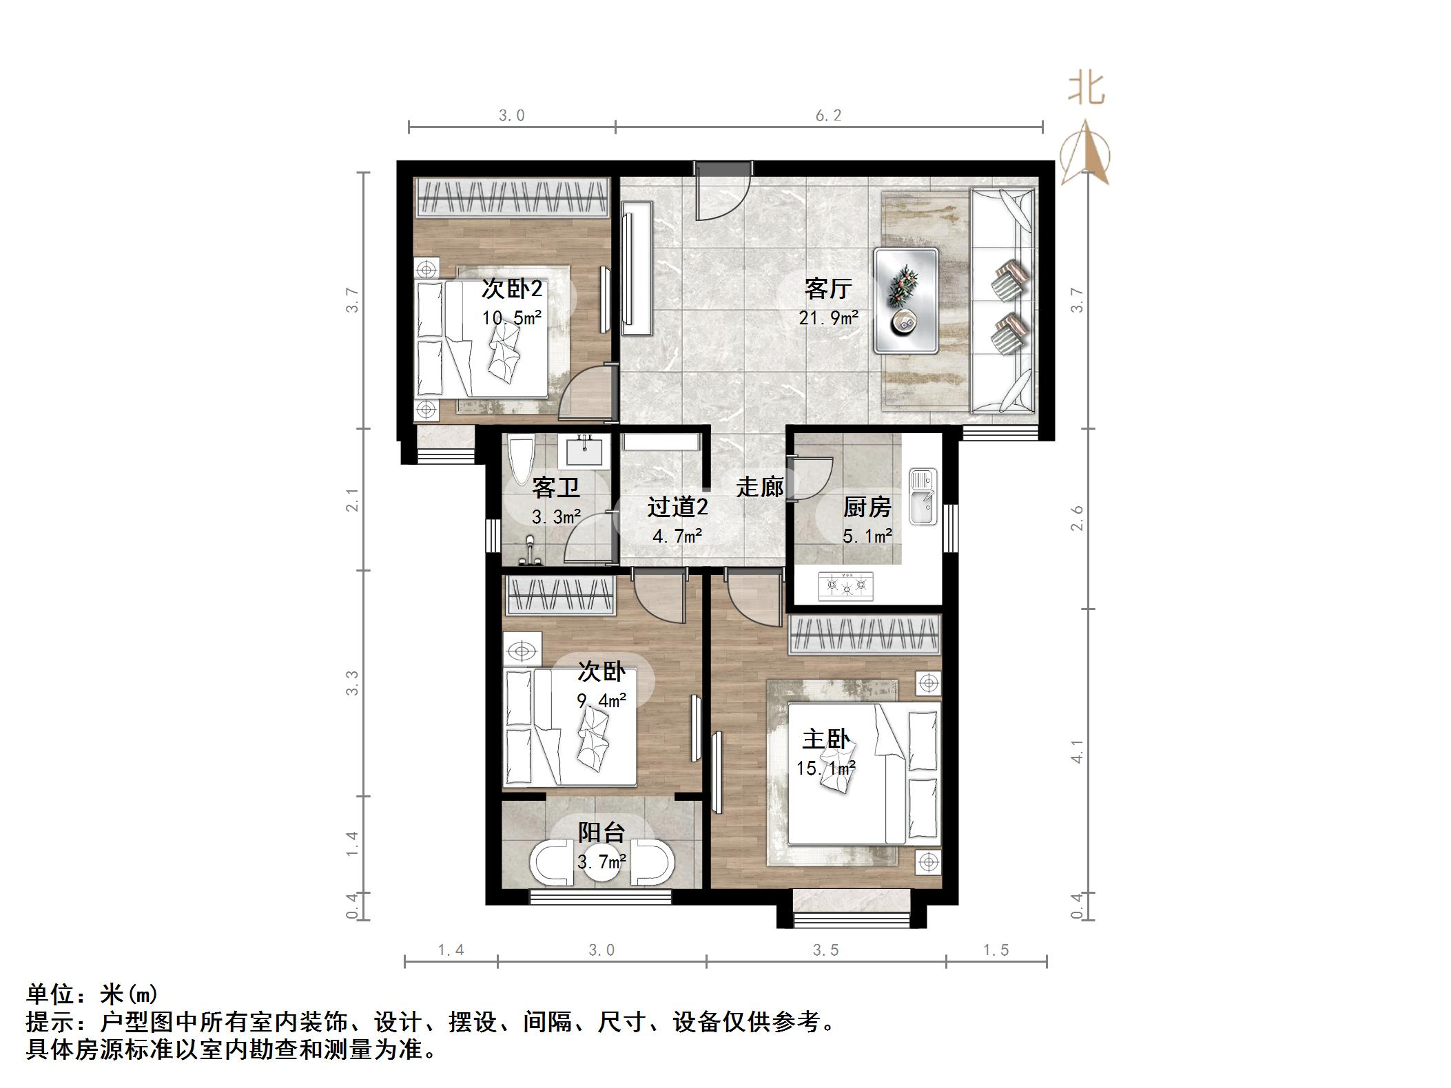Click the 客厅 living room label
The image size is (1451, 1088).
tap(827, 288)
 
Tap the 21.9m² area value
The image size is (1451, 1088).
tap(828, 317)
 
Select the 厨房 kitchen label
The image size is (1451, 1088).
tap(867, 508)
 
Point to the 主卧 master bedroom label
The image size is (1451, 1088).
tap(825, 740)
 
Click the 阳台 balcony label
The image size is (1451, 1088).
tap(601, 833)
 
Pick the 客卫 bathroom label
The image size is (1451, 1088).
tap(555, 488)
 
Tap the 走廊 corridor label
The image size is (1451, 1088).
tap(760, 487)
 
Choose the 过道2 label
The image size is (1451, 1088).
tap(677, 508)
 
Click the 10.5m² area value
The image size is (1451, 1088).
tap(511, 317)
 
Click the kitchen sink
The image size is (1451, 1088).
tap(923, 496)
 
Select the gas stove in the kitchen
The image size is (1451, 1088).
tap(845, 586)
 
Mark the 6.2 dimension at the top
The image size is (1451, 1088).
tap(828, 115)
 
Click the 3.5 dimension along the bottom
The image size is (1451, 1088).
tap(825, 951)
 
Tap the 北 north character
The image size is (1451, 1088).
tap(1087, 90)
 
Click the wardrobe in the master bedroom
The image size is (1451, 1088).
tap(865, 634)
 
